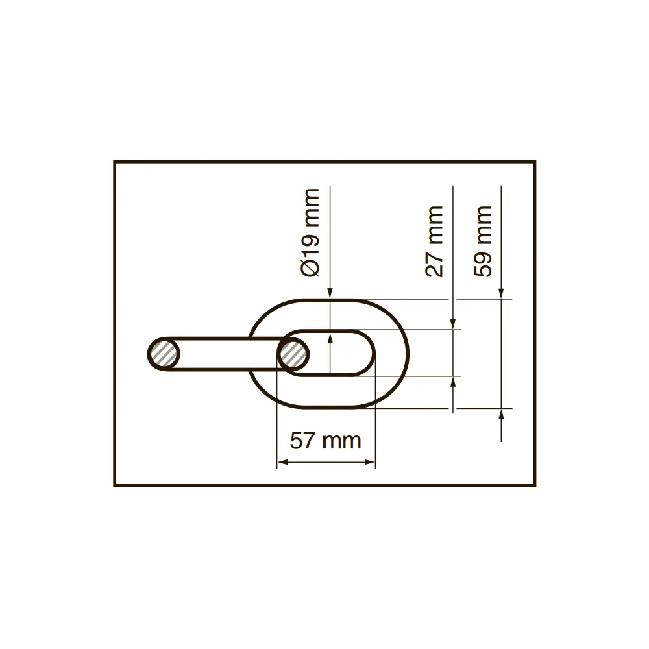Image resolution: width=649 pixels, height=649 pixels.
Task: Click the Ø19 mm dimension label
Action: click(x=310, y=232)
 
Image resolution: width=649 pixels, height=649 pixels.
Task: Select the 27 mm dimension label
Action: click(x=434, y=241)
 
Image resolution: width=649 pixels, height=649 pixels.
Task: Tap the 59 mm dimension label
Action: click(x=483, y=241)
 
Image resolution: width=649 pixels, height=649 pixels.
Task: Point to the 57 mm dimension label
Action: click(x=325, y=441)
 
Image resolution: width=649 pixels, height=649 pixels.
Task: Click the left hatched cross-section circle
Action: click(x=164, y=354)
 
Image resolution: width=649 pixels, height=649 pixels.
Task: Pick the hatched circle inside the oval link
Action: click(x=293, y=354)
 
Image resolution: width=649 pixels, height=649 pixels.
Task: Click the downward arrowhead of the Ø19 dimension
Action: click(x=330, y=293)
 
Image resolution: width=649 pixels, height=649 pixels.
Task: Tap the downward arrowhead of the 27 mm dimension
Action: click(x=453, y=324)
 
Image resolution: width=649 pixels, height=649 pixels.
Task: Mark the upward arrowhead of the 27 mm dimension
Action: click(x=453, y=381)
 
